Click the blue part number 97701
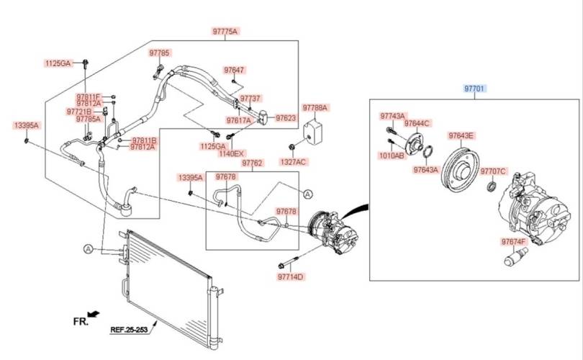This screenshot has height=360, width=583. tap(474, 89)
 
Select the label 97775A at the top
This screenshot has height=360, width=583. tap(225, 31)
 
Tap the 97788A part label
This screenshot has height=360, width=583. tap(315, 108)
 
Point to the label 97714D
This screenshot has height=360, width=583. tap(290, 276)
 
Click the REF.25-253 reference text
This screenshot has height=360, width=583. tap(129, 330)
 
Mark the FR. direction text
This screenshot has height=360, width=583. tap(81, 321)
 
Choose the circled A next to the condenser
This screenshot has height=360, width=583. tap(88, 249)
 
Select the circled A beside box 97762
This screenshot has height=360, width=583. tap(308, 194)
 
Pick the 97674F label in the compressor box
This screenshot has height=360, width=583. tap(514, 242)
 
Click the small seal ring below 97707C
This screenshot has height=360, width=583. tap(492, 186)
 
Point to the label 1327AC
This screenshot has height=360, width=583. tap(293, 162)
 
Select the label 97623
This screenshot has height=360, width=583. tap(286, 118)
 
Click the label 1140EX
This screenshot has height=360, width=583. tap(231, 153)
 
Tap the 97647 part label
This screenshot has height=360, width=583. tap(234, 70)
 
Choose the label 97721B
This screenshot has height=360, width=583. tap(79, 112)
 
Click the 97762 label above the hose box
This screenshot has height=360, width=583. tap(252, 163)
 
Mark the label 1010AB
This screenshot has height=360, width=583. tap(391, 156)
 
